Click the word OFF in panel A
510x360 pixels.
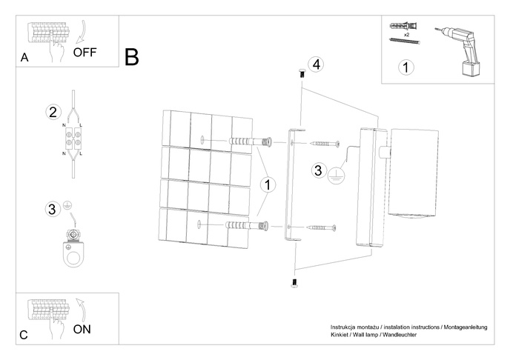86,53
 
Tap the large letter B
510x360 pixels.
132,57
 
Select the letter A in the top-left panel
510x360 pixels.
24,59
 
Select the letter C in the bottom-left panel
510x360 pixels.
24,336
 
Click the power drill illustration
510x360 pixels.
460,50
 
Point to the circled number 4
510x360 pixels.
316,64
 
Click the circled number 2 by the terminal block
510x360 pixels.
53,113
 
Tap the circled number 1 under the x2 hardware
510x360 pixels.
405,67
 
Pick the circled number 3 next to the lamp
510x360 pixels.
317,170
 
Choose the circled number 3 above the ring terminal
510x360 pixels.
52,208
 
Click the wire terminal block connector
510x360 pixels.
72,139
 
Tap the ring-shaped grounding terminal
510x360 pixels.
73,249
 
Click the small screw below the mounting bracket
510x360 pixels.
294,281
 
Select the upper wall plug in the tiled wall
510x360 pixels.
245,141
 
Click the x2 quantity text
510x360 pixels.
407,35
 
